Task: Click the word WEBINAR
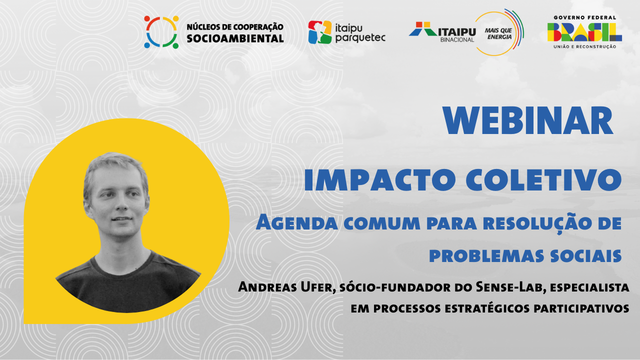[528, 120]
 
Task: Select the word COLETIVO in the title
[543, 179]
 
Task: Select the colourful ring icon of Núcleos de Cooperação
[161, 32]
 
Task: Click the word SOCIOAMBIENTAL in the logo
[235, 38]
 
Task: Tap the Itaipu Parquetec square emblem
[319, 32]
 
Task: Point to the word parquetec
[360, 37]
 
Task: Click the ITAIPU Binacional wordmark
[442, 32]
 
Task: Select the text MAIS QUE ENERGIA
[498, 33]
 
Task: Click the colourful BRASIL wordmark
[584, 32]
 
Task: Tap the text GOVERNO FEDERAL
[584, 17]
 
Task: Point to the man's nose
[122, 204]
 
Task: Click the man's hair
[114, 167]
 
